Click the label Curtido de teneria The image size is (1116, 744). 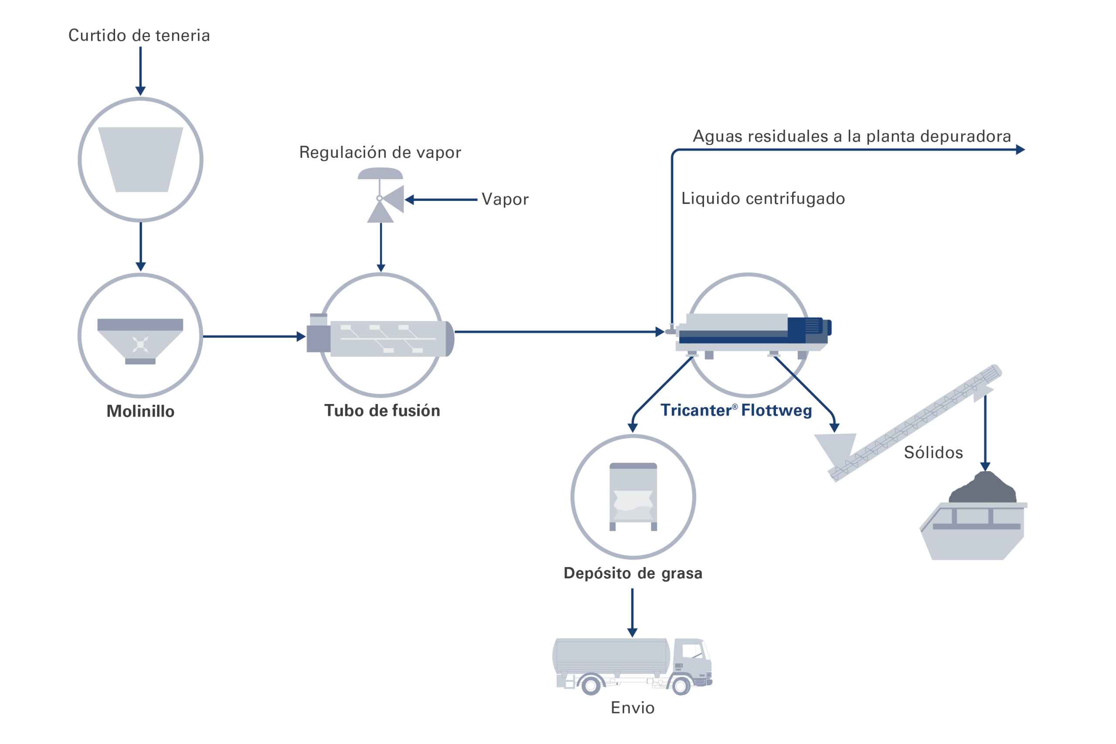pos(139,36)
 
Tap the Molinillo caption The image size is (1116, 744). pos(140,411)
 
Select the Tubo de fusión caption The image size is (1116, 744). pos(382,411)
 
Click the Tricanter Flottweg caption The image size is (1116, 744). pos(736,411)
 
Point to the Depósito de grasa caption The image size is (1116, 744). pos(633,574)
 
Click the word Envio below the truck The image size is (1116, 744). pos(633,708)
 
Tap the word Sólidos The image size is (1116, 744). pos(933,453)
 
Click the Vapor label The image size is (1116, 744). pos(505,199)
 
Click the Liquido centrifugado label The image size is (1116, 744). pos(763,199)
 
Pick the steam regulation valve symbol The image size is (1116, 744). pos(382,199)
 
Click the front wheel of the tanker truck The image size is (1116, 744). pos(681,686)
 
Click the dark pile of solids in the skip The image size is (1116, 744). pos(983,489)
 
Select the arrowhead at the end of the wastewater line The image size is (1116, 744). pos(1020,150)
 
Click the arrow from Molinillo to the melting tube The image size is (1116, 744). pos(254,337)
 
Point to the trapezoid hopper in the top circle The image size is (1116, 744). pos(140,160)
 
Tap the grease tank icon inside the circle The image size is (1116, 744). pos(633,497)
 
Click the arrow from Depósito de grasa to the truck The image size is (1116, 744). pos(632,612)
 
